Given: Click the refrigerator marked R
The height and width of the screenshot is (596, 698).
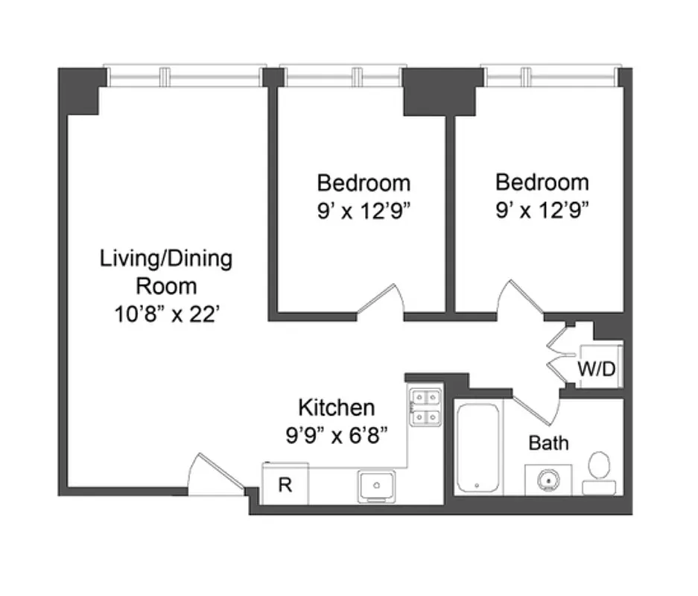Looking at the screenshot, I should coord(285,484).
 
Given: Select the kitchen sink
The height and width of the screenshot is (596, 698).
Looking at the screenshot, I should coord(378,486).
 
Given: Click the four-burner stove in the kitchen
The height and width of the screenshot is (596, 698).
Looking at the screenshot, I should coord(425,408).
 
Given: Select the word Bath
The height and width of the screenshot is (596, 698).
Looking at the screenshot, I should coord(548,443).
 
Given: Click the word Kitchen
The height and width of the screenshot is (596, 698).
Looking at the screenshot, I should coord(336,408).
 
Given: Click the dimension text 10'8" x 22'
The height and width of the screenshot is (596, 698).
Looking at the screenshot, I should coord(165,314).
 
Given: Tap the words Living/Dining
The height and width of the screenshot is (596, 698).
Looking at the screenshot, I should coord(165,259).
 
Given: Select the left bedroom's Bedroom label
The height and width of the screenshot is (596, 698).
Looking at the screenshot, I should coord(363,183).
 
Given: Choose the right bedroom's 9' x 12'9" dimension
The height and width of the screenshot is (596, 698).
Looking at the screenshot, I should coord(542,211).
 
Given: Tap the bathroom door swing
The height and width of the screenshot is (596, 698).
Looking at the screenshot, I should coord(536,406).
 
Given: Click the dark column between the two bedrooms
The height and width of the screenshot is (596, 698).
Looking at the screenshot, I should coord(442,91).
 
